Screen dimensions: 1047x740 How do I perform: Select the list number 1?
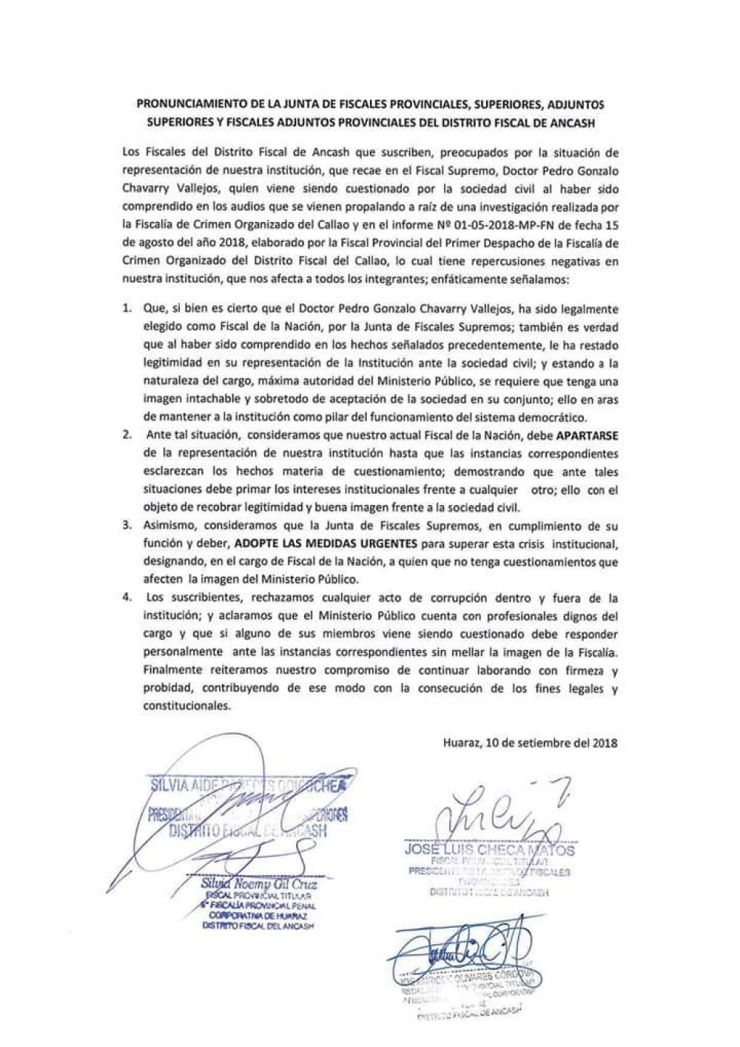(127, 308)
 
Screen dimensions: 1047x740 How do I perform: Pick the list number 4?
(127, 598)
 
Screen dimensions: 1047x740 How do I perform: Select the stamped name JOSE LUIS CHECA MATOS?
(489, 850)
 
